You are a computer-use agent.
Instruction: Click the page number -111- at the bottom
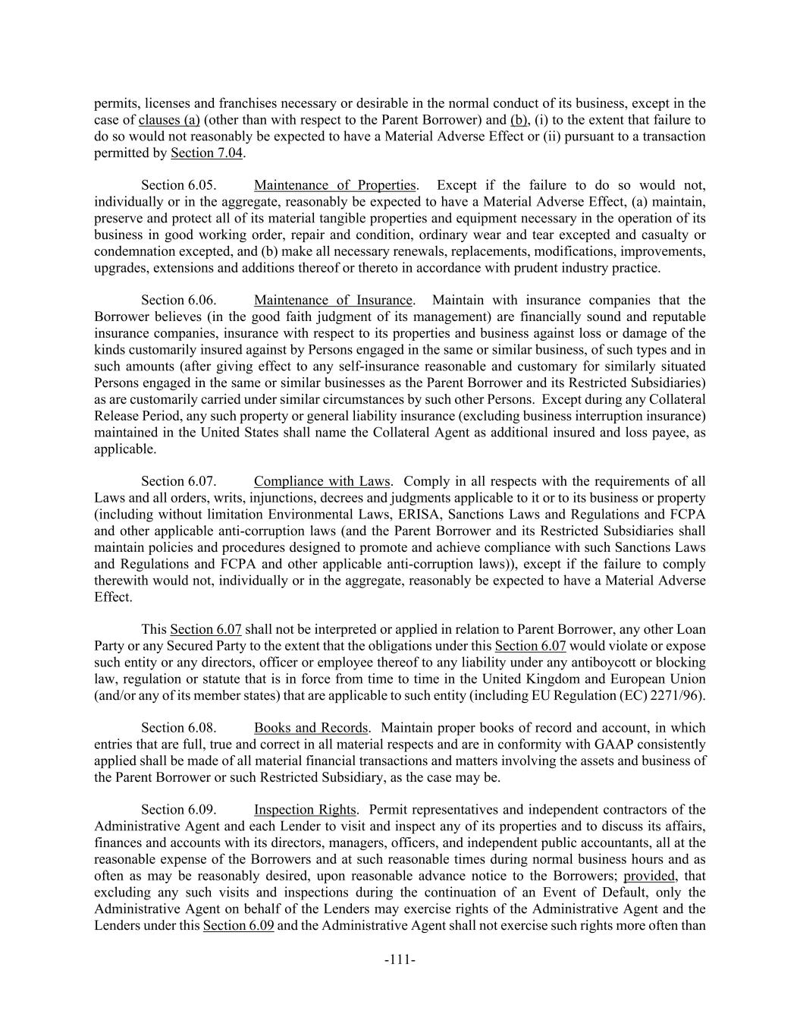click(x=400, y=960)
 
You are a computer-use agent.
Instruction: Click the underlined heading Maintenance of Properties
click(x=334, y=185)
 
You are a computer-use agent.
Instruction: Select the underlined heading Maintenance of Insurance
click(x=333, y=301)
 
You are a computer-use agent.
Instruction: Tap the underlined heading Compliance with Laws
click(x=322, y=481)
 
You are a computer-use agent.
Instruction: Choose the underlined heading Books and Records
click(x=311, y=728)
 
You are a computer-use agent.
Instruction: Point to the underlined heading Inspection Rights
click(x=305, y=810)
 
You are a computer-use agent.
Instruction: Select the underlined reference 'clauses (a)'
click(x=169, y=120)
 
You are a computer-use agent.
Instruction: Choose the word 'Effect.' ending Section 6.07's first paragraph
click(x=113, y=597)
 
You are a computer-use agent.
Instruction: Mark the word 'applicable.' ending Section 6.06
click(x=125, y=449)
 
